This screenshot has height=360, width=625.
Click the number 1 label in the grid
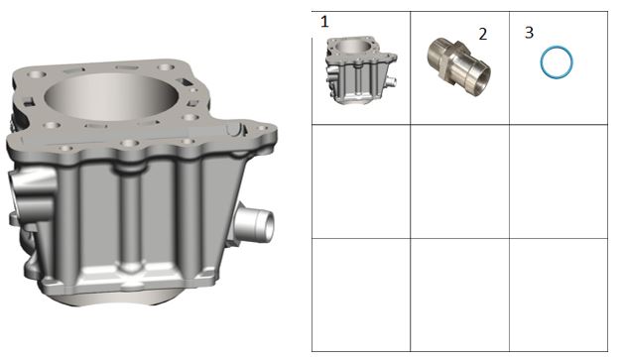[x=324, y=22]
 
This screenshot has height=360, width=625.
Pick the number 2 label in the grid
[x=483, y=35]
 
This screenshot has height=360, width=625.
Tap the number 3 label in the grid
[x=529, y=33]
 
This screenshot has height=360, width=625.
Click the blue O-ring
[x=557, y=48]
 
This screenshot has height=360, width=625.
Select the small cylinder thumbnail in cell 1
[x=361, y=70]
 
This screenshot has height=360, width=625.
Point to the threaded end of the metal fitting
[x=437, y=49]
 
